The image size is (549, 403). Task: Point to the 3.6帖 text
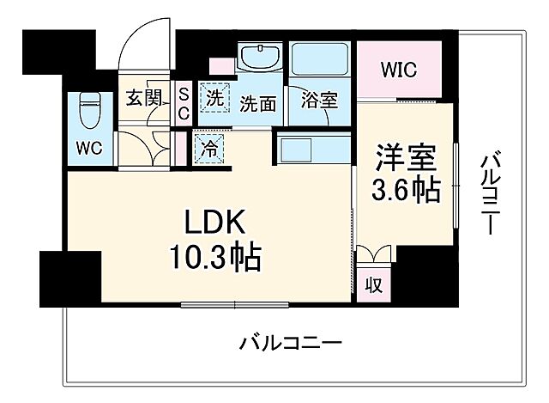407,190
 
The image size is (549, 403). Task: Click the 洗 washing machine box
212,96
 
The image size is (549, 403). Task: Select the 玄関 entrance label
144,97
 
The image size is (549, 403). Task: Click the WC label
89,147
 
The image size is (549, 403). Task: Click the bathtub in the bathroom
320,59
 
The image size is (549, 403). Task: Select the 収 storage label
374,284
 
